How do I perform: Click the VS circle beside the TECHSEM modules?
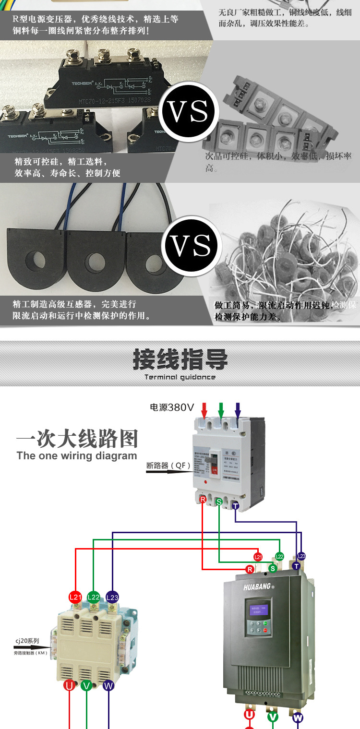click(188, 111)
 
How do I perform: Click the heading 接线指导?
click(180, 359)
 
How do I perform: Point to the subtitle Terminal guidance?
click(180, 377)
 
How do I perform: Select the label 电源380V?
click(172, 407)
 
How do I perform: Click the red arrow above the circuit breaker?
click(204, 411)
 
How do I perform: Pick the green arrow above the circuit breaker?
click(221, 411)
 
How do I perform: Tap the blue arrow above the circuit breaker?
click(238, 411)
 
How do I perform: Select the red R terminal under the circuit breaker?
click(203, 500)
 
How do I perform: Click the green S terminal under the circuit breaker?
click(219, 502)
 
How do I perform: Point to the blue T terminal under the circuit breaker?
click(235, 506)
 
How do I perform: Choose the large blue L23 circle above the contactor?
click(112, 598)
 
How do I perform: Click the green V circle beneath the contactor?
click(86, 685)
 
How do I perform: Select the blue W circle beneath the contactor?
click(108, 685)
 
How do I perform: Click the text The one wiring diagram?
click(77, 456)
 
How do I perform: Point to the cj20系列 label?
click(26, 640)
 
